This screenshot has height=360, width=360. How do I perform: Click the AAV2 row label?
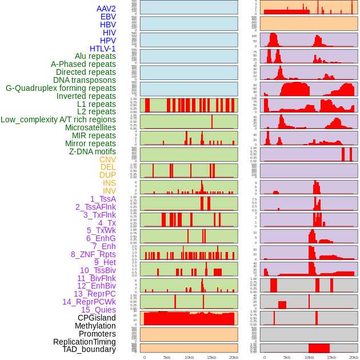pos(106,9)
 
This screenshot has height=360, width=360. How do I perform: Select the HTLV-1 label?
pos(102,49)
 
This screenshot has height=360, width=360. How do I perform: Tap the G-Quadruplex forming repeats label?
pos(61,88)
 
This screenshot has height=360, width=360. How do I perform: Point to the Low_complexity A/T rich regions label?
pos(58,119)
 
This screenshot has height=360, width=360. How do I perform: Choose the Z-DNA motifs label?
pos(92,151)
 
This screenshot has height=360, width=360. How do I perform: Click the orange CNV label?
pos(107,159)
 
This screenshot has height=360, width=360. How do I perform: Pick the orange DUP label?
pos(107,175)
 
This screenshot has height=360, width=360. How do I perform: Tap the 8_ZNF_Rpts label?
pos(93,254)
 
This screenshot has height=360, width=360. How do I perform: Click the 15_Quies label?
pos(98,310)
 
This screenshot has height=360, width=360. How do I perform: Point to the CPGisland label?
pos(97,318)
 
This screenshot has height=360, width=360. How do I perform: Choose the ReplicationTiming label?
pos(84,342)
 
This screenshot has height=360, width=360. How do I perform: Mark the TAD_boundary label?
pos(89,349)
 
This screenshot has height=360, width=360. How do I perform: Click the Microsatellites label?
pos(90,127)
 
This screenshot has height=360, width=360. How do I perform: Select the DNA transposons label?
pos(85,80)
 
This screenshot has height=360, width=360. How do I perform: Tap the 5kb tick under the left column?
pos(167,357)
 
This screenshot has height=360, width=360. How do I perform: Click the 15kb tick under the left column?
pos(211,357)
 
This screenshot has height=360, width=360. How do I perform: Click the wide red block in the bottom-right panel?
pos(319,348)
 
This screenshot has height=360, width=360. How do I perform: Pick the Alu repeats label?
pos(95,56)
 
